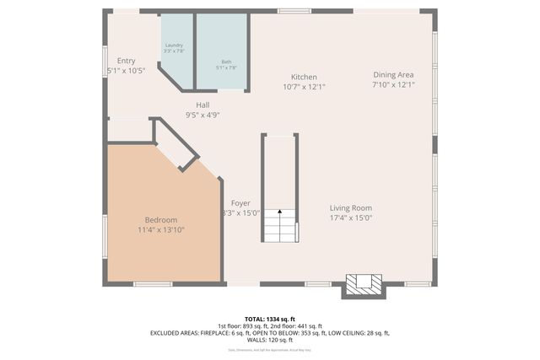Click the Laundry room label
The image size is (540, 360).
point(174,45)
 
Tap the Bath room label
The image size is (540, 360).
point(226,62)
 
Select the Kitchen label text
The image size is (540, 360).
point(304,77)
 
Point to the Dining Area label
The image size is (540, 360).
point(394,74)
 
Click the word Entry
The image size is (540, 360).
point(127,61)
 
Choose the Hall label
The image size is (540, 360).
point(202,105)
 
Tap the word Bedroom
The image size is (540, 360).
point(160,220)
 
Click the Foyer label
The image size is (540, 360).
point(241,203)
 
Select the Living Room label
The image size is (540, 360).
point(351,208)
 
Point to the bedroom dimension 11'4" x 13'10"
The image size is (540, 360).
point(160,229)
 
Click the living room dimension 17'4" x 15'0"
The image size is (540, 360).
point(351,218)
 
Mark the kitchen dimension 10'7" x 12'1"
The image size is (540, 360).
point(304,86)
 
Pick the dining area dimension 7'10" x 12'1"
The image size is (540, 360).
point(394,84)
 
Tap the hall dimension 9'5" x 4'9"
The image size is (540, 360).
point(202,115)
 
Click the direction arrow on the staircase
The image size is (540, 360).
point(279,216)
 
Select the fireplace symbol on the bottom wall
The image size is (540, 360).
point(363,284)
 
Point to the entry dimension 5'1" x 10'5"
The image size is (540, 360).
point(127,71)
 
